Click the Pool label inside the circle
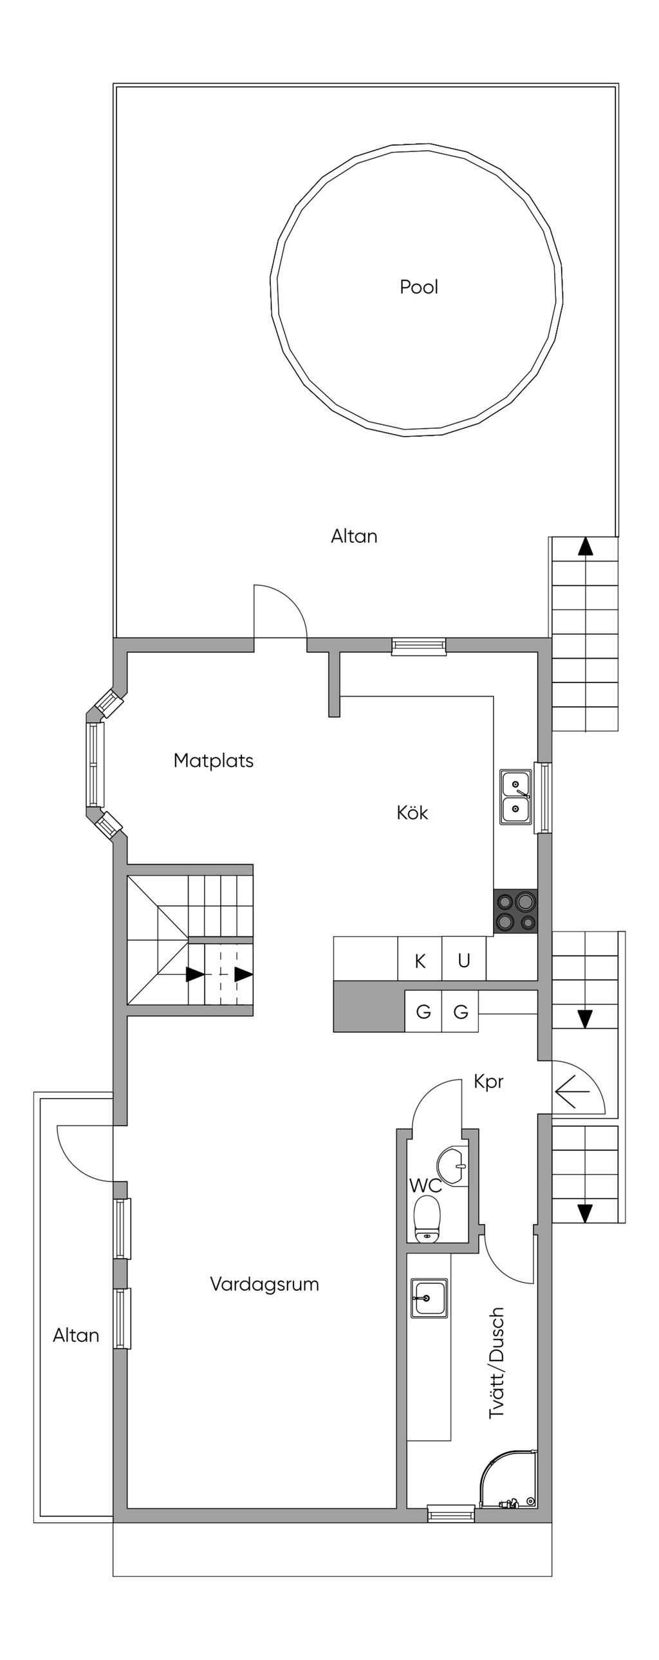click(419, 287)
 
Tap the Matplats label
click(214, 760)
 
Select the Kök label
click(413, 812)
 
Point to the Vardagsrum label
click(265, 1285)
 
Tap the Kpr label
click(488, 1082)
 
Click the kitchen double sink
click(516, 797)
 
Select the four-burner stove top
click(515, 911)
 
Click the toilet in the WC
click(427, 1218)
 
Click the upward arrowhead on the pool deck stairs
click(585, 547)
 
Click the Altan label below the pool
click(355, 536)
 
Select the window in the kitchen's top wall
click(420, 646)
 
